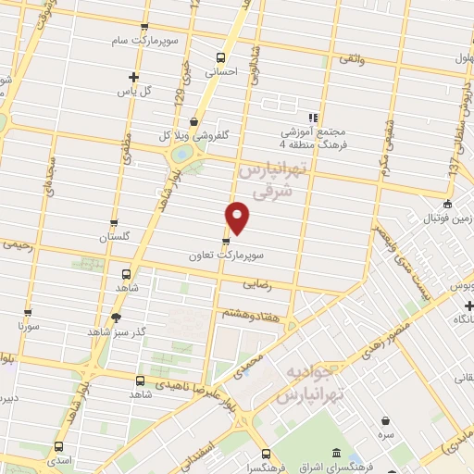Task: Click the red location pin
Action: coord(238,218)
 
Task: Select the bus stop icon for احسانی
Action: coord(220,56)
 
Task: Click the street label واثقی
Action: coord(352,59)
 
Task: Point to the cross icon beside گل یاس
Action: coord(134,77)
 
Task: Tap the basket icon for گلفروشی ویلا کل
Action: coord(193,120)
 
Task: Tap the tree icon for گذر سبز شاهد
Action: coord(116,318)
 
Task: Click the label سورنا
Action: coord(27,327)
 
